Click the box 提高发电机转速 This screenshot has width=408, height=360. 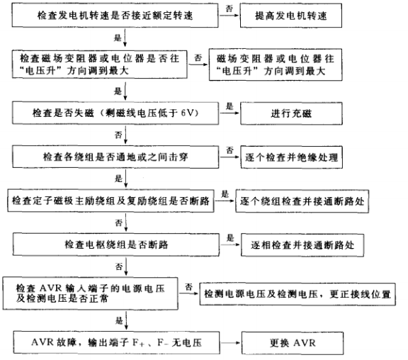coord(290,16)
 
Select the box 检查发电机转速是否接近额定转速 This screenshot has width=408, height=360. coord(115,16)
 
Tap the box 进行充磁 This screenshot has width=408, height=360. coord(291,113)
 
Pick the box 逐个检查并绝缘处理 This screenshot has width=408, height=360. coord(291,157)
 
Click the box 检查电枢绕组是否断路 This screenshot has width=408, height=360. coord(116,244)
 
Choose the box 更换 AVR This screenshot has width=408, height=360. coord(293,343)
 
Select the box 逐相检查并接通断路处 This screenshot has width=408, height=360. coord(302,245)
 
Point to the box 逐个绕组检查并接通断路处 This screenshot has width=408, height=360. coord(302,201)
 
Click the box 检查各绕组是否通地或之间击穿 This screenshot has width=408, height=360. coord(115,157)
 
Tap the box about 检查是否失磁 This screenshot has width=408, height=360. coord(115,113)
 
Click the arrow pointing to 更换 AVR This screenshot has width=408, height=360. coord(230,342)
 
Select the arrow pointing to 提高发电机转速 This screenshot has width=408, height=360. coord(229,16)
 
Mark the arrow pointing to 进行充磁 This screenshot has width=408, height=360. coord(229,113)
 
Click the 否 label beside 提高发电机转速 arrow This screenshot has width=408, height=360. coord(229,9)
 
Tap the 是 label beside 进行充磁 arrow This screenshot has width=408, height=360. coord(229,106)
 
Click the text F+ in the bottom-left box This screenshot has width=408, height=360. coord(138,343)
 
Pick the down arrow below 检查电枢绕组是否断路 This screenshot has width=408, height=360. coord(126,266)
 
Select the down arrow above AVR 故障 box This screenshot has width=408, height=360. coord(126,320)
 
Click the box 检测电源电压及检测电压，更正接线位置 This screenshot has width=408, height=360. coord(297,294)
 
